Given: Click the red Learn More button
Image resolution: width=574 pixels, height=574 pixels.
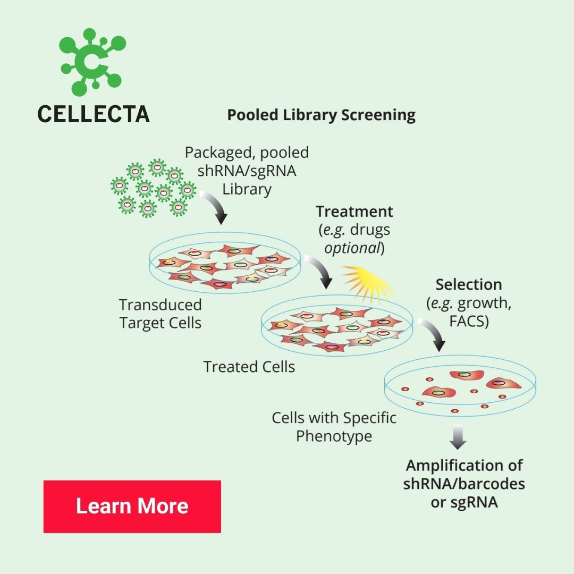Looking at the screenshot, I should point(132,506).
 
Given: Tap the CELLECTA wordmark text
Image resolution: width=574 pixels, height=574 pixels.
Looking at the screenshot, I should point(94,114).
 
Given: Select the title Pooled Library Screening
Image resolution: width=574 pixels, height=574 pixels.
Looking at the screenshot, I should point(321,115).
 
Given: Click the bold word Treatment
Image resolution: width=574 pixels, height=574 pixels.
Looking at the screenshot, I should point(354,212).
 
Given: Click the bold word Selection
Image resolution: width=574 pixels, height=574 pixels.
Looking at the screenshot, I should point(469,284).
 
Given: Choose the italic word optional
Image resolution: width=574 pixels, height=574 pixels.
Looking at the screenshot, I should point(352,248).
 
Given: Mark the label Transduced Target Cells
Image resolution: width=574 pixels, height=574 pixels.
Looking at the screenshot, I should point(161,314).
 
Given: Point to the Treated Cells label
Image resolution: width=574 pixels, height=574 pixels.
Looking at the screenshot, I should point(249,367).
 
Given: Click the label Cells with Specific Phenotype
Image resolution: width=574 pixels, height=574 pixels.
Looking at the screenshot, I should point(334,427).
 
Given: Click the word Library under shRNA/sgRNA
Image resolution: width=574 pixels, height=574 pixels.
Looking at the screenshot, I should point(247,189).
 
